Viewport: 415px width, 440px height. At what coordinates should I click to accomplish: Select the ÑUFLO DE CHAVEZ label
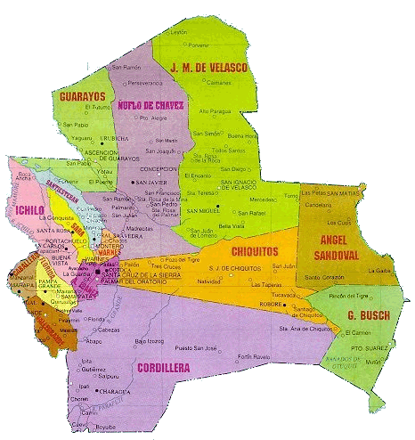click(x=151, y=105)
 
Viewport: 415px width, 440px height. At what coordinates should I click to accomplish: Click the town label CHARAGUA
click(x=112, y=389)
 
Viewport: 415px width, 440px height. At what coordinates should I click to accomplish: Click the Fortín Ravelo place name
click(x=256, y=357)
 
